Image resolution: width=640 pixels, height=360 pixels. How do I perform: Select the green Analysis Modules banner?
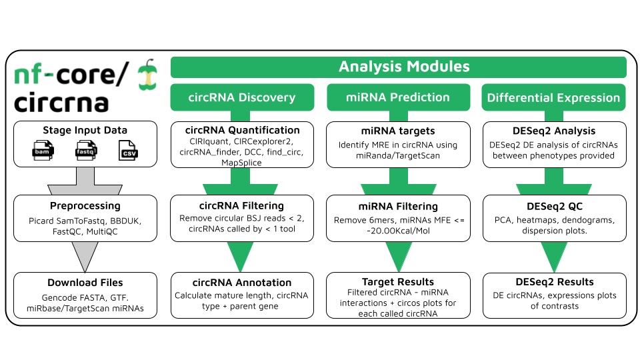(399, 67)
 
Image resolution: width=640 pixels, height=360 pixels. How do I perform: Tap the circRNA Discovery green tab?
(242, 97)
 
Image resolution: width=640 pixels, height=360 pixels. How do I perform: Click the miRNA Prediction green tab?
(398, 97)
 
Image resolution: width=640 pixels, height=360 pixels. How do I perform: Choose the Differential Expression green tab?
(554, 97)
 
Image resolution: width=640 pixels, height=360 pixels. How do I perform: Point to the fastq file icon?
(85, 151)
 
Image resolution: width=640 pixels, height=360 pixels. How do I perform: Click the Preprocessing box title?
(85, 206)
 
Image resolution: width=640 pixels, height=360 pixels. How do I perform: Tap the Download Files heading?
(85, 283)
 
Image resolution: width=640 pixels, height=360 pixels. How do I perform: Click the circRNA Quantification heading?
(242, 130)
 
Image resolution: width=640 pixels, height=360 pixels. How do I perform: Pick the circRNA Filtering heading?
(242, 205)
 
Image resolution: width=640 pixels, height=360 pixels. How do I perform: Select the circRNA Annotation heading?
(242, 282)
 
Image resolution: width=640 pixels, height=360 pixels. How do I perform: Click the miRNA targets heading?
(398, 131)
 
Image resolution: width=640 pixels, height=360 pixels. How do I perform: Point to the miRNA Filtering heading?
(398, 206)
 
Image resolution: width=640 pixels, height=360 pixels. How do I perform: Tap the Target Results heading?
(398, 281)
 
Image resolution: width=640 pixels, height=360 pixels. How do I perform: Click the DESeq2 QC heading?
(554, 206)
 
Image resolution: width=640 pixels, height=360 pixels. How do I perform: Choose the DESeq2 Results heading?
(554, 281)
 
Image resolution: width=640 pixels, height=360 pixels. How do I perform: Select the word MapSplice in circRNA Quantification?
(242, 162)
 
